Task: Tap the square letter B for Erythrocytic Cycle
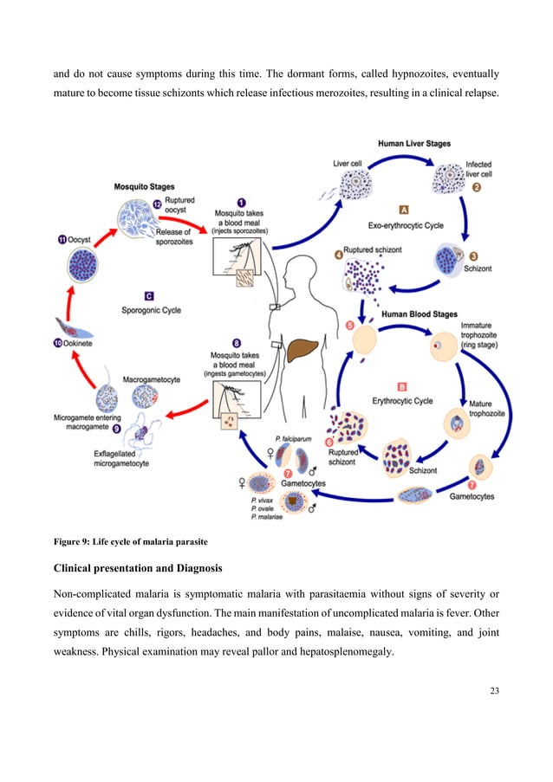click(x=401, y=387)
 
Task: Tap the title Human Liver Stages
click(x=414, y=144)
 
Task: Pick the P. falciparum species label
click(x=292, y=439)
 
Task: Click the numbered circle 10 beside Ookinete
click(x=58, y=345)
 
